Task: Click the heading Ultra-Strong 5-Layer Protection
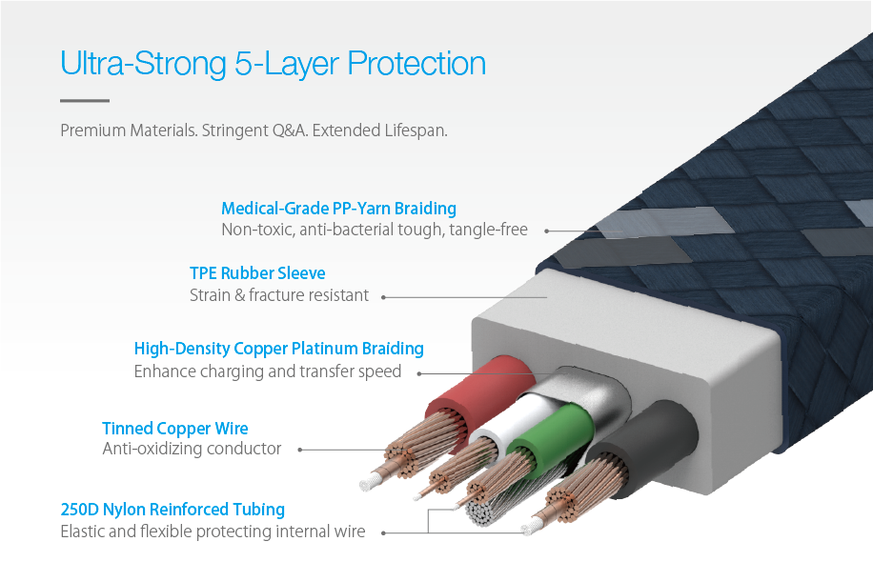pyautogui.click(x=273, y=64)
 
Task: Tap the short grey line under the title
pyautogui.click(x=85, y=101)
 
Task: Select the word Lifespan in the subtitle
pyautogui.click(x=416, y=130)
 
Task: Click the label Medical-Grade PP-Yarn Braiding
pyautogui.click(x=338, y=209)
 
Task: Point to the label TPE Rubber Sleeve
pyautogui.click(x=257, y=273)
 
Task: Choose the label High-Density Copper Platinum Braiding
pyautogui.click(x=279, y=349)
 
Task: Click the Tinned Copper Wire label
pyautogui.click(x=174, y=429)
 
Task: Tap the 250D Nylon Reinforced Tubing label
pyautogui.click(x=173, y=510)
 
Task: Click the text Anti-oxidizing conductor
pyautogui.click(x=192, y=449)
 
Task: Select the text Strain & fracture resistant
pyautogui.click(x=279, y=295)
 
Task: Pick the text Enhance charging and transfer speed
pyautogui.click(x=267, y=371)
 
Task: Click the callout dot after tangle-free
pyautogui.click(x=547, y=231)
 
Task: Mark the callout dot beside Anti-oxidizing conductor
pyautogui.click(x=300, y=450)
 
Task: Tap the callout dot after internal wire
pyautogui.click(x=383, y=533)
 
